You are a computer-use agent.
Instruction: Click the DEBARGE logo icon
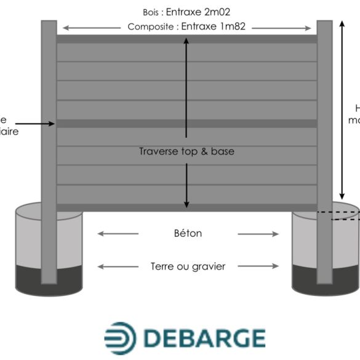119,338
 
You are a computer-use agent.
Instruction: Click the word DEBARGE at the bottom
204,338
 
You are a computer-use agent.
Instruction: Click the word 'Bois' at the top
151,12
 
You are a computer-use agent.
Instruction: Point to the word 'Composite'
151,27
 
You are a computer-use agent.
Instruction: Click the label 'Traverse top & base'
186,151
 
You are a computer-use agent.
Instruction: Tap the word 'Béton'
188,234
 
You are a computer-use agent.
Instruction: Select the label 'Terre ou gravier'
188,266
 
